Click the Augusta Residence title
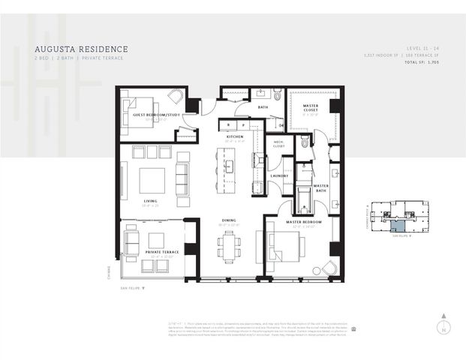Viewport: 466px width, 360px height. point(81,49)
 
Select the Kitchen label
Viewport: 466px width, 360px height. point(236,137)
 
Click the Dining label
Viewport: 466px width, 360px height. point(229,220)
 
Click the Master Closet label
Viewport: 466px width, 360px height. point(311,110)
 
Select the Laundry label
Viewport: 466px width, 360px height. point(279,175)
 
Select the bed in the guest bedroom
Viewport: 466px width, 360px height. point(138,115)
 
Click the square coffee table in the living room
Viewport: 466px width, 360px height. point(151,181)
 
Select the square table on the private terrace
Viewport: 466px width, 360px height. point(155,241)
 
